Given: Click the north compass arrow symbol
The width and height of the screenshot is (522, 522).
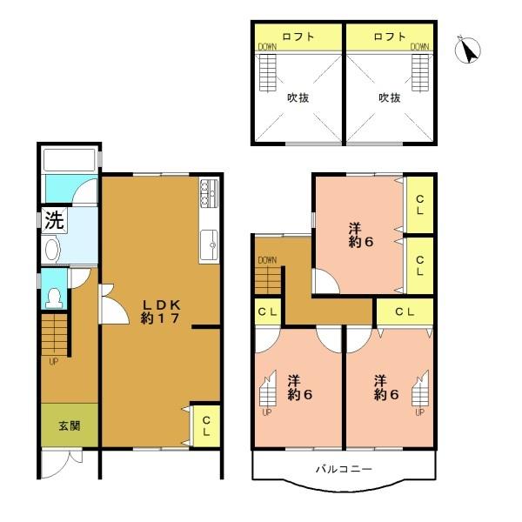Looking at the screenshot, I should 469,51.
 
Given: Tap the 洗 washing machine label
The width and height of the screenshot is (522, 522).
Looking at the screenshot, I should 54,221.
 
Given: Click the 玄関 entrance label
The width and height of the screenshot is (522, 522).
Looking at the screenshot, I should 70,426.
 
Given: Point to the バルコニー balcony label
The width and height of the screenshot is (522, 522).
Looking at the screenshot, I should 344,469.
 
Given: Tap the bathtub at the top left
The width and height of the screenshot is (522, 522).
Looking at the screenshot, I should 70,161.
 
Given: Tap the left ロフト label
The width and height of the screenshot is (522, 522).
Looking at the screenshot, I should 298,37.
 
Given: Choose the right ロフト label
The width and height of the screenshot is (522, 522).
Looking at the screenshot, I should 389,37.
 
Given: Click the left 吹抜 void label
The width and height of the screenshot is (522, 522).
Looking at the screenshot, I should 298,97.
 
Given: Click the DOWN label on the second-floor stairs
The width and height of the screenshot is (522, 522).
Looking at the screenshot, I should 267,260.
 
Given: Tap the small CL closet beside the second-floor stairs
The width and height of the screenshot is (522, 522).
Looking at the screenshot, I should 268,311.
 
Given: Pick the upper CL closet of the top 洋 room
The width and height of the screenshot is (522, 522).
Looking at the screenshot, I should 420,205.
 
